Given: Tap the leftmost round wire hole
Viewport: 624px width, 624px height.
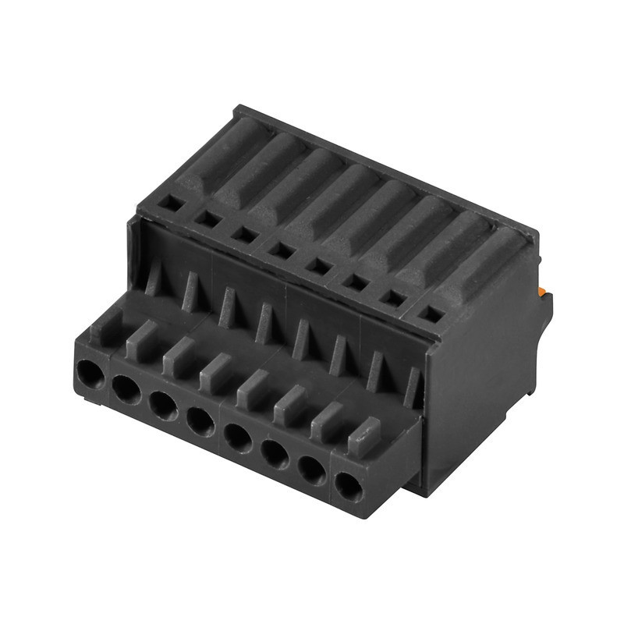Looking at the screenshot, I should [x=90, y=375].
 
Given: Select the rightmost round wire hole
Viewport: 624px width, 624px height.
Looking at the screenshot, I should [x=348, y=487].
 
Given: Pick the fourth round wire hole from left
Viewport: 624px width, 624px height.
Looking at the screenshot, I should [x=200, y=422].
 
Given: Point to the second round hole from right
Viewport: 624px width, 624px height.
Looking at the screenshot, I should [x=312, y=470].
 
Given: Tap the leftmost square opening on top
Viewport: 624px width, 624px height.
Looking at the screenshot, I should [x=171, y=204].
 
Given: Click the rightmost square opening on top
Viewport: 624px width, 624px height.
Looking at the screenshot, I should [x=429, y=314].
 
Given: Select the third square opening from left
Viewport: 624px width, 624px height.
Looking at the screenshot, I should [x=245, y=235].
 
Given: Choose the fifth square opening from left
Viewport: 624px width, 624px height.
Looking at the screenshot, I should [x=318, y=266].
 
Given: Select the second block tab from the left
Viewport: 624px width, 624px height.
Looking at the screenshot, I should [x=141, y=341].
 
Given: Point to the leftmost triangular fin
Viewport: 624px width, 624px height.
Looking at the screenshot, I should [x=154, y=277].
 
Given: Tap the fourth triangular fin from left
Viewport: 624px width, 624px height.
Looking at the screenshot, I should [x=264, y=323].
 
